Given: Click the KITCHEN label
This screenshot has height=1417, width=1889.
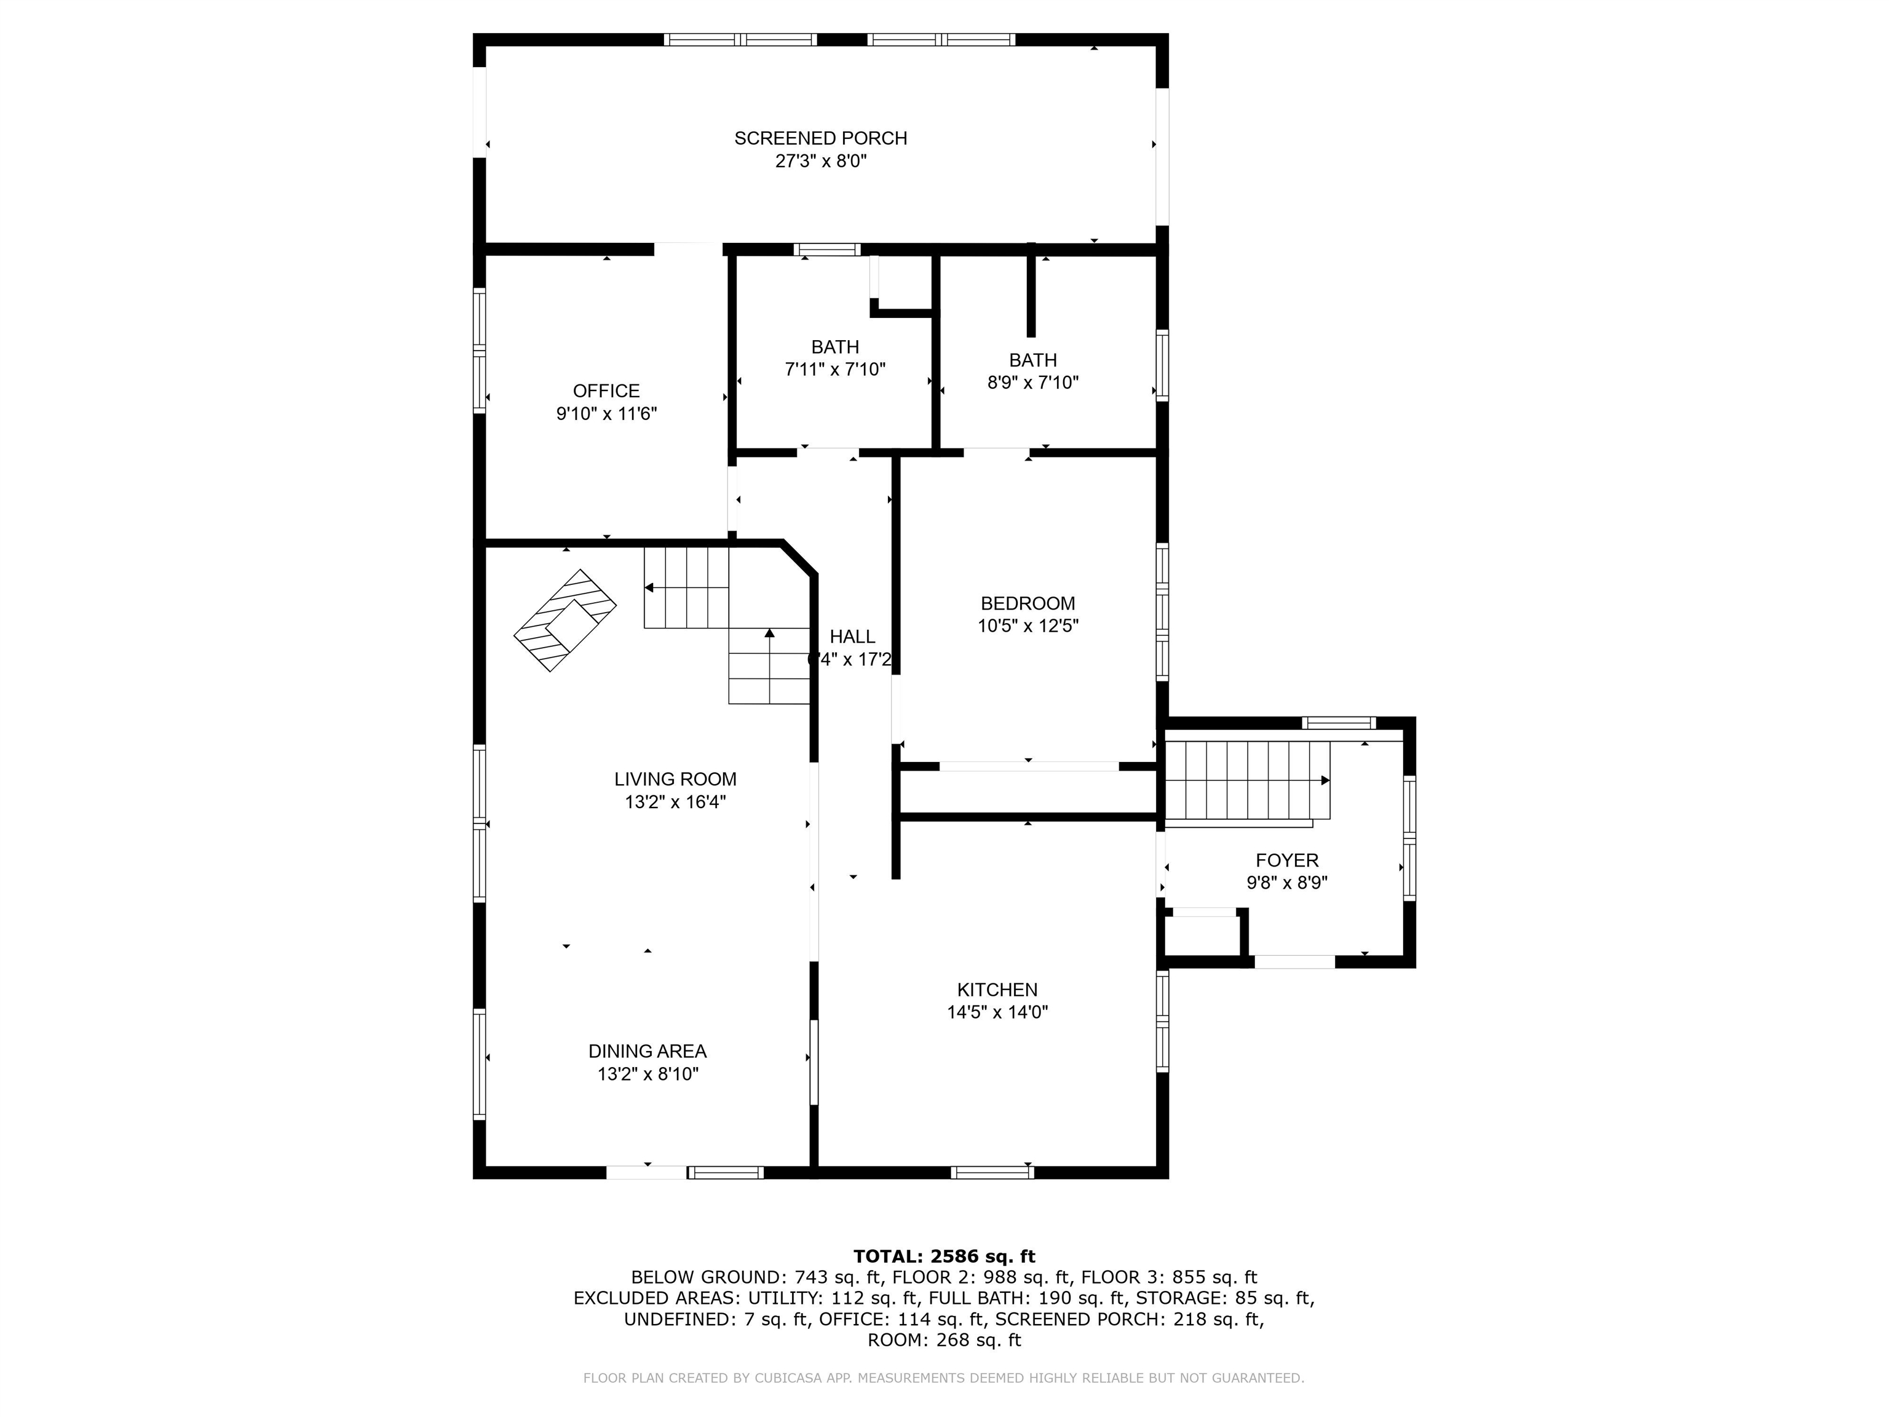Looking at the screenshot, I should tap(997, 990).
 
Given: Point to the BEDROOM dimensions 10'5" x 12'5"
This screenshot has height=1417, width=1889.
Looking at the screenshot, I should tap(1028, 626).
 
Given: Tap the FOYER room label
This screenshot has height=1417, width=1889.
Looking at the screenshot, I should tap(1286, 860).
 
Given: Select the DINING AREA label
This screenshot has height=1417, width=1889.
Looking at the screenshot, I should tap(647, 1052).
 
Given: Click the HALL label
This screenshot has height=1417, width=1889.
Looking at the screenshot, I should tap(852, 637).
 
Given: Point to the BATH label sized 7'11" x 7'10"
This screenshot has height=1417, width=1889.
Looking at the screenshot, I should tap(834, 347).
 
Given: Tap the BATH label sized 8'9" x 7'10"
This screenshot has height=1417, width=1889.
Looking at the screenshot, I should tap(1032, 360).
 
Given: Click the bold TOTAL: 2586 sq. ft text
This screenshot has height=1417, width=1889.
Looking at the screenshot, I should tap(944, 1256).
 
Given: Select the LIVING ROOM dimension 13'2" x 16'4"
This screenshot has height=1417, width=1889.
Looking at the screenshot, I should tap(675, 802).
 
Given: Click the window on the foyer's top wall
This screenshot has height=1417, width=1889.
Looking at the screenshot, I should tap(1337, 723).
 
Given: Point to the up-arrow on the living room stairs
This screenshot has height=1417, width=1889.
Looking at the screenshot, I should tap(769, 633).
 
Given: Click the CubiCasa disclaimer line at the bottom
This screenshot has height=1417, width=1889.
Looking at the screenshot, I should tap(944, 1378).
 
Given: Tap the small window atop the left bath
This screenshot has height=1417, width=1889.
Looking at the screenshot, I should tap(826, 250).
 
